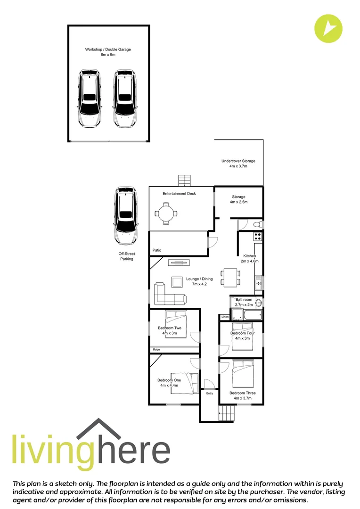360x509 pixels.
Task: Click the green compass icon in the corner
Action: pyautogui.click(x=328, y=29)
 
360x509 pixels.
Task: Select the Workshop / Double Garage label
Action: pyautogui.click(x=108, y=52)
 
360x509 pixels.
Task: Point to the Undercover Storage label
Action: pyautogui.click(x=238, y=164)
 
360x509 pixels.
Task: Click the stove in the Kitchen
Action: pyautogui.click(x=258, y=237)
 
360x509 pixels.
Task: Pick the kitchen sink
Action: pyautogui.click(x=258, y=284)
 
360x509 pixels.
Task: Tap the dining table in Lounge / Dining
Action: pyautogui.click(x=230, y=277)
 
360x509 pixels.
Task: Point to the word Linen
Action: pyautogui.click(x=225, y=317)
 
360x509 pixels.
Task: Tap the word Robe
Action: pyautogui.click(x=156, y=350)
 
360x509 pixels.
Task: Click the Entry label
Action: pyautogui.click(x=209, y=394)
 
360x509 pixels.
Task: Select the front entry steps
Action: pyautogui.click(x=226, y=415)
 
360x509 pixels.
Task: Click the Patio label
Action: pyautogui.click(x=157, y=250)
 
